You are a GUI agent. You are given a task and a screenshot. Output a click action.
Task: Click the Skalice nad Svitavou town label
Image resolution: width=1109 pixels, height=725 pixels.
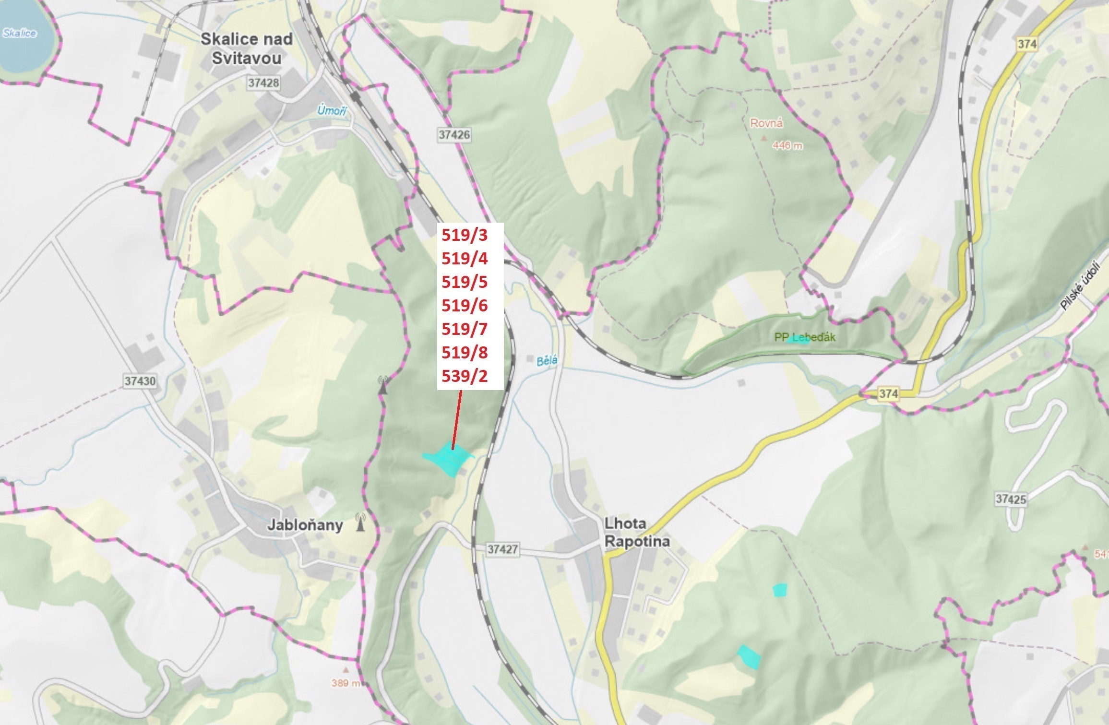(246, 48)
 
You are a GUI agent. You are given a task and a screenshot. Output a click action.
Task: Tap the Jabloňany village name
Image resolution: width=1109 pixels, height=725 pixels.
(305, 525)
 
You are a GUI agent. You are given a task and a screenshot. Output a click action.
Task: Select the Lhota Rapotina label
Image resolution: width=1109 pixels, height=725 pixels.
(637, 532)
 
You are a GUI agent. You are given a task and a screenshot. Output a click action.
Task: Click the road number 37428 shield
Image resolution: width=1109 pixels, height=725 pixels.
(263, 83)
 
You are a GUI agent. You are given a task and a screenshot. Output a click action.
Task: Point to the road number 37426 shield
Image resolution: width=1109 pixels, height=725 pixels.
(454, 135)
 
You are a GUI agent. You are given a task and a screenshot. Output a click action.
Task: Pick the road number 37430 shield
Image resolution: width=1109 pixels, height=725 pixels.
(140, 381)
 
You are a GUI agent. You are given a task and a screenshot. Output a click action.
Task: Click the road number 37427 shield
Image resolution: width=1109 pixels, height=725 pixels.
(502, 549)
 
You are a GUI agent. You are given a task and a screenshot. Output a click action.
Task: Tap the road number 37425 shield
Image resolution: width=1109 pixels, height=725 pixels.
(1011, 499)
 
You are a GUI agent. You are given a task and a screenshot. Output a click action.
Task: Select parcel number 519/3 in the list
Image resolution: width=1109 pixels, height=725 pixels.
(465, 235)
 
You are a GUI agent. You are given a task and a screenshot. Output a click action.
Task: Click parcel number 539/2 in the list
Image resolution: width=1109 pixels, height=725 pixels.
(465, 376)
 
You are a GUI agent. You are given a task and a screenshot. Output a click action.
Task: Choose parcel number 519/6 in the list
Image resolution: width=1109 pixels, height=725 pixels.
(465, 306)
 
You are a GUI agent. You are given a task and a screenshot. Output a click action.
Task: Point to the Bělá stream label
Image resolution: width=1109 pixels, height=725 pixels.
(547, 360)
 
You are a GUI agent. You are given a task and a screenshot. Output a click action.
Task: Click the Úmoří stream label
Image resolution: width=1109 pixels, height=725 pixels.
(332, 111)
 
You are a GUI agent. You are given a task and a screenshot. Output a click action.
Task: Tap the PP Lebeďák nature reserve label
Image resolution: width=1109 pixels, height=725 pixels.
(804, 337)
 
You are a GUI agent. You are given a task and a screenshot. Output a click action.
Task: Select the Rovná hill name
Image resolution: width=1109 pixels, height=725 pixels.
(766, 123)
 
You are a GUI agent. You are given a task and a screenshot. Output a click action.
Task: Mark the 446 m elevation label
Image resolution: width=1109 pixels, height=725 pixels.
(787, 145)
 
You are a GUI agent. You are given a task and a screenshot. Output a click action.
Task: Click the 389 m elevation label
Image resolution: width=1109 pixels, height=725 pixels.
(345, 683)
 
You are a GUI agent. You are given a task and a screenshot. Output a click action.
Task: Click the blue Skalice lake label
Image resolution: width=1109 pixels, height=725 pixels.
(19, 33)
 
